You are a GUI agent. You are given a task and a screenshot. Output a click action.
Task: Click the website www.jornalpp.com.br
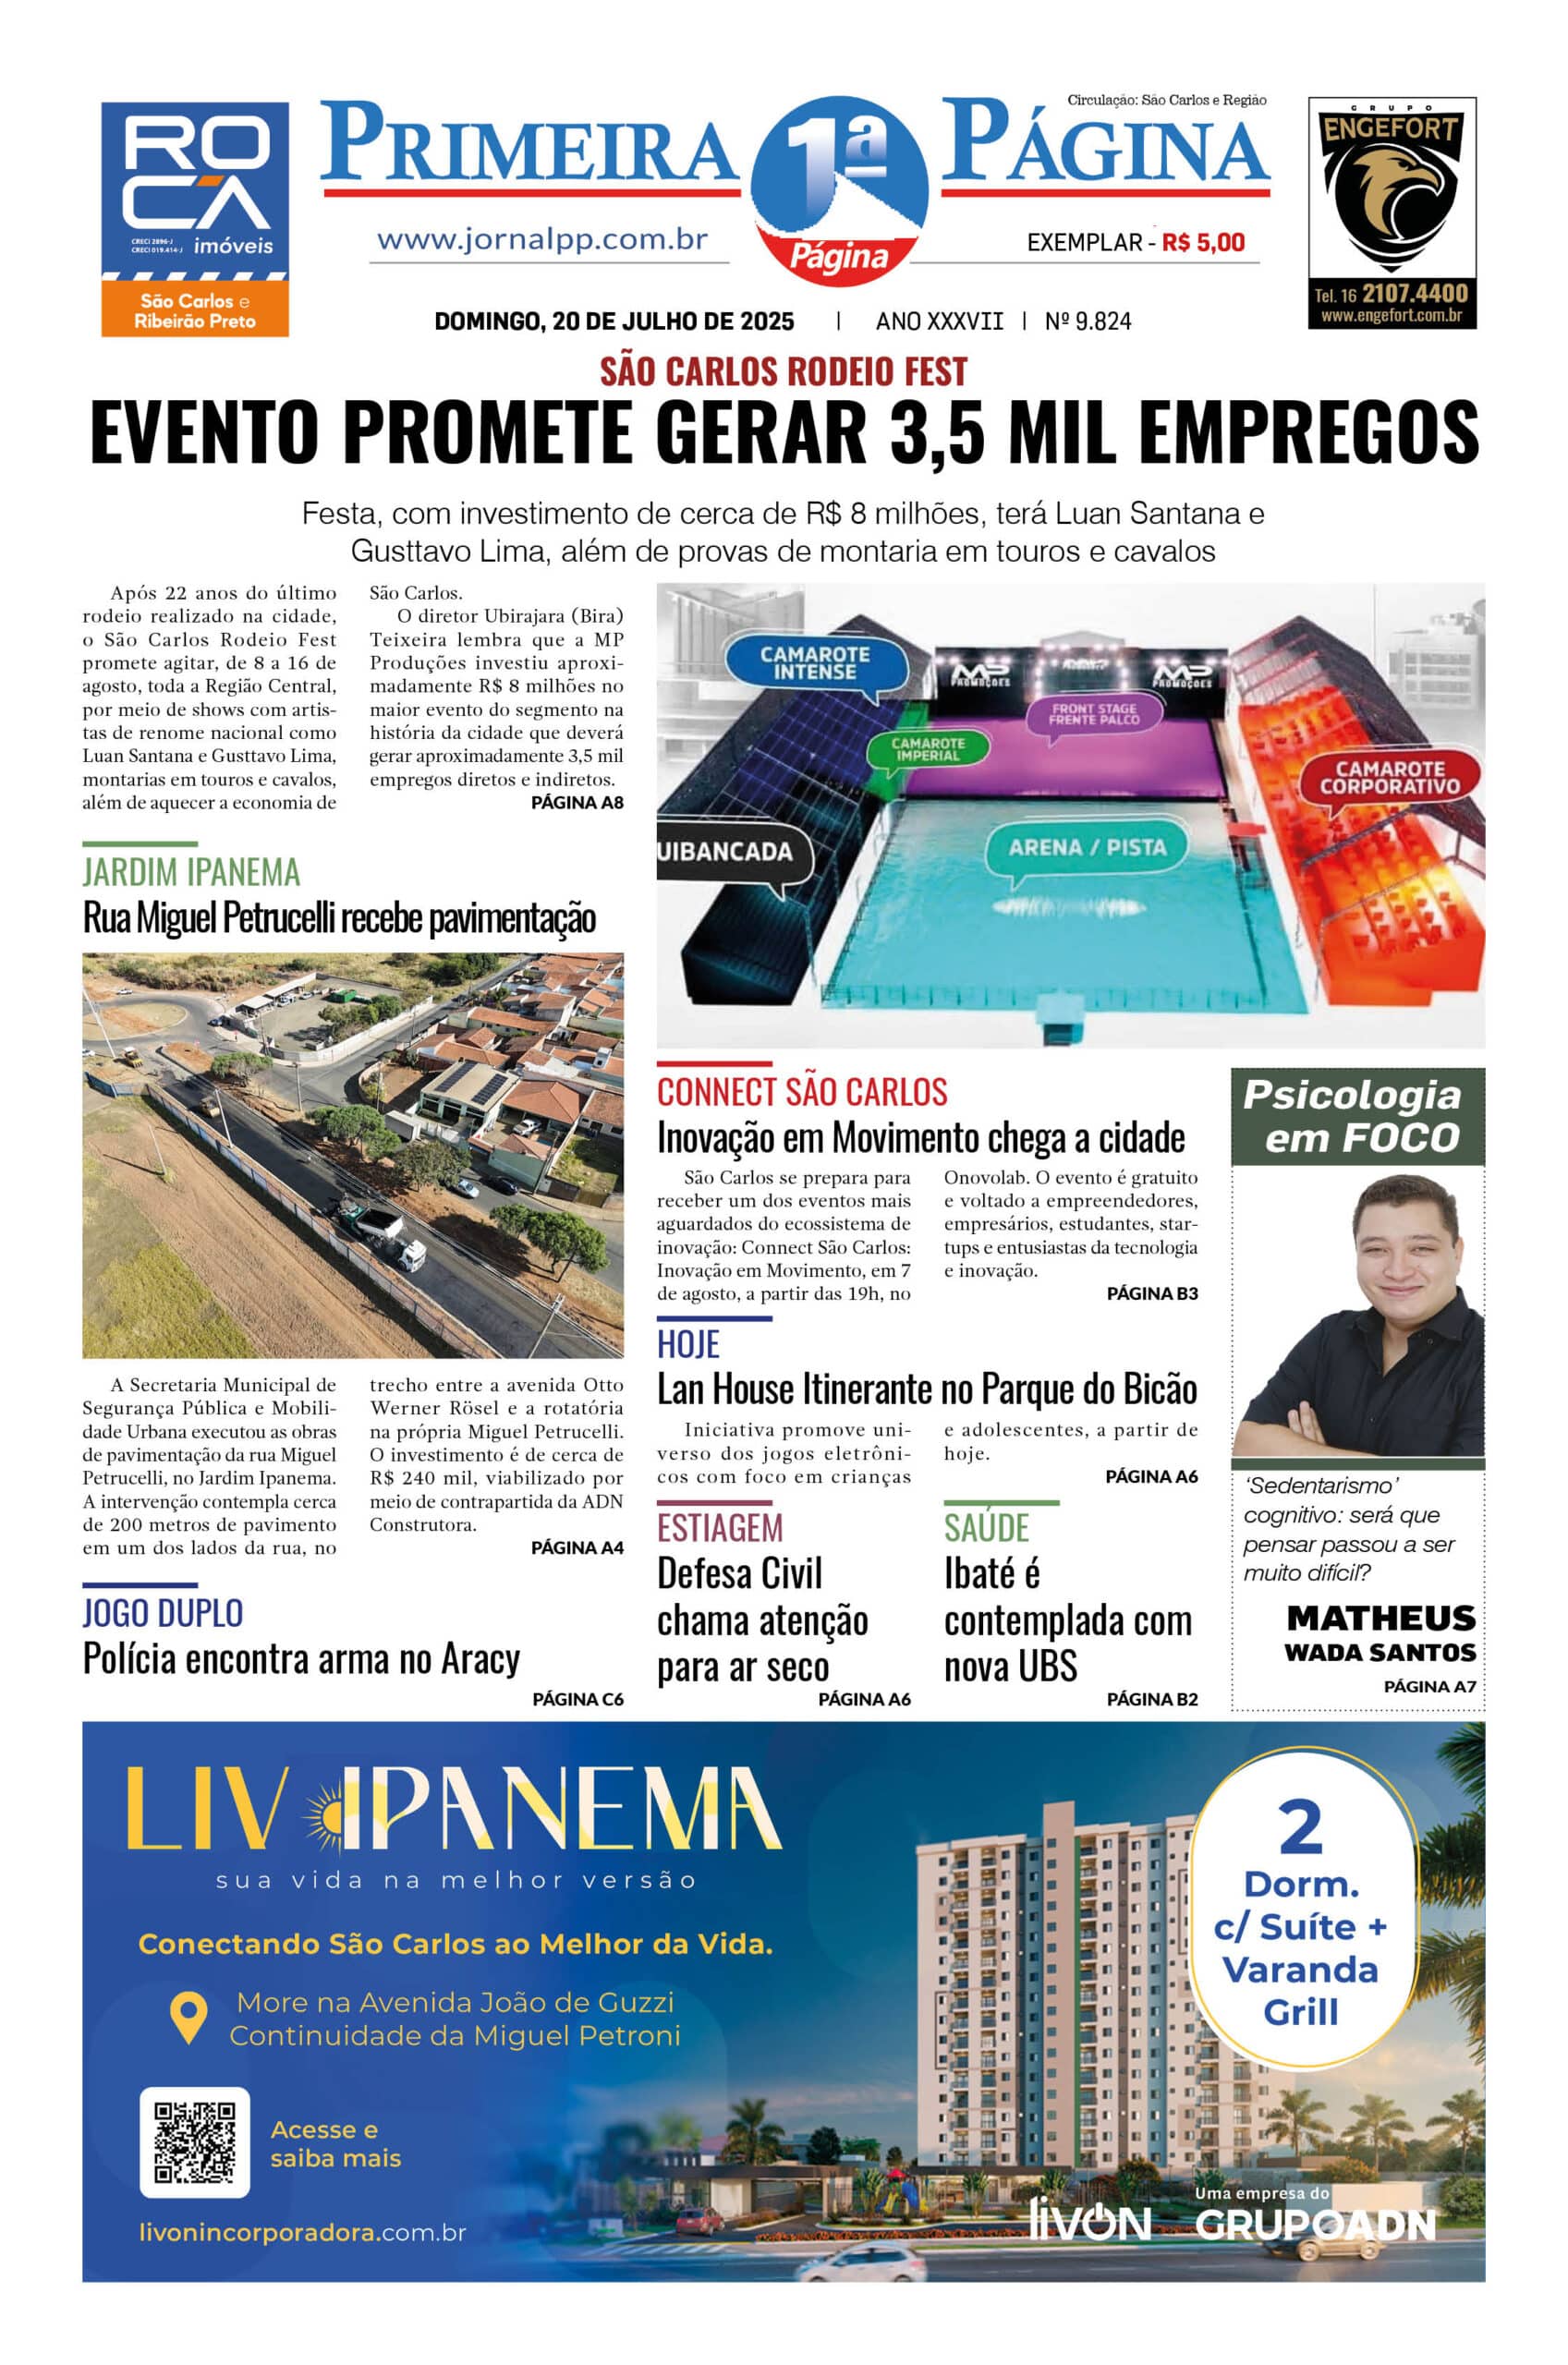point(542,240)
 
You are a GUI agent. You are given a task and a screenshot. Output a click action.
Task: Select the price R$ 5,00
point(1203,242)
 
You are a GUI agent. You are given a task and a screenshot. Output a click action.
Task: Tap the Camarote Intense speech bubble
point(815,663)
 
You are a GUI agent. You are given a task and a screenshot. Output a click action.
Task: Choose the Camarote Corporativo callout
point(1389,777)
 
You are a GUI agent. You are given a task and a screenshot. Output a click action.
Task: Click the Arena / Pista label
point(1086,848)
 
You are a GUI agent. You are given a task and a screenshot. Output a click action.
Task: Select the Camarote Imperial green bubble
point(927,748)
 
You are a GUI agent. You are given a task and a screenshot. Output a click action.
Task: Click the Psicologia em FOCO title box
point(1357,1116)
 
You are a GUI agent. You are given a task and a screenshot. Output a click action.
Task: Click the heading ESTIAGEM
point(719,1528)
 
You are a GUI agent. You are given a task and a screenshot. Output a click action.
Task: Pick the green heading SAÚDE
point(986,1528)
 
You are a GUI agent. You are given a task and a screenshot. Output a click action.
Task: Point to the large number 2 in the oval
point(1300,1828)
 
